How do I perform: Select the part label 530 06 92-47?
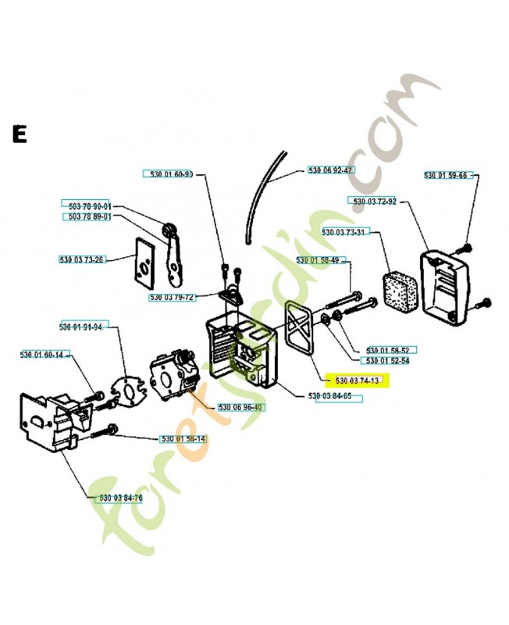331,170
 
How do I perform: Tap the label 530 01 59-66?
445,175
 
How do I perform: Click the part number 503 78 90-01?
86,205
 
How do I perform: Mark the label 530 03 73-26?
82,259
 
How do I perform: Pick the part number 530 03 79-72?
173,298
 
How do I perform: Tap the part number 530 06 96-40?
241,407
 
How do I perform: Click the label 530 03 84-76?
120,498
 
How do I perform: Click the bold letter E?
19,134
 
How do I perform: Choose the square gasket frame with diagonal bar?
301,329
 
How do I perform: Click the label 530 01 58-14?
183,438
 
